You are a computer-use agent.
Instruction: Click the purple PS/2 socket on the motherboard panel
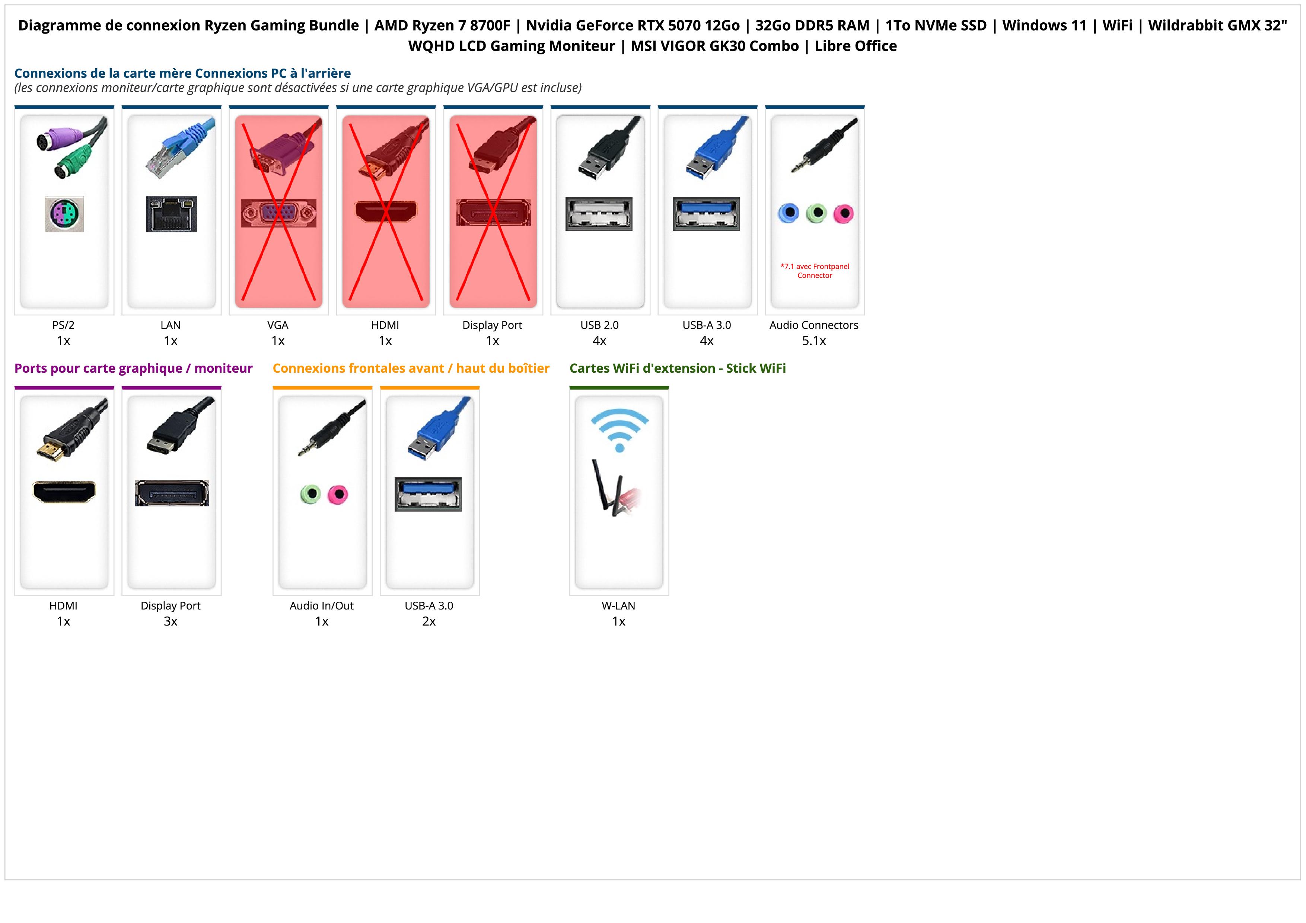64,214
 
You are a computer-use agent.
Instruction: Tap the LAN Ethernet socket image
171,214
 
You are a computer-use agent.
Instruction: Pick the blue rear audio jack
789,213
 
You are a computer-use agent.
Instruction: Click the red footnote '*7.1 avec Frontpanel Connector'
815,271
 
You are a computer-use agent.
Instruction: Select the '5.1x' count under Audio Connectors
813,341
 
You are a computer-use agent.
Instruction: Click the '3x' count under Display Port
171,621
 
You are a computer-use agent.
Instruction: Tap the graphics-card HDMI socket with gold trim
64,492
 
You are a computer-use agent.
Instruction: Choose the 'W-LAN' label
618,606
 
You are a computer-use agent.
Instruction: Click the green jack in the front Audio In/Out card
310,494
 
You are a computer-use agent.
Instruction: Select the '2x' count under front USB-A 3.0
429,621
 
